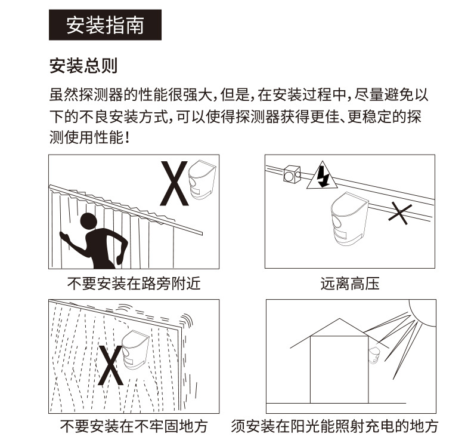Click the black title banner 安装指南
tap(105, 24)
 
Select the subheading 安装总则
tap(83, 66)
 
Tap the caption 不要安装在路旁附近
tap(134, 283)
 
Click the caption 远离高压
tap(350, 283)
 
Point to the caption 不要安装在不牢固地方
tap(134, 426)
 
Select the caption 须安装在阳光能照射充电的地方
tap(334, 426)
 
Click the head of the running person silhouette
tap(89, 222)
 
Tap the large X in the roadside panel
tap(174, 183)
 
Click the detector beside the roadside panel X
tap(202, 180)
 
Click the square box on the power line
tap(292, 174)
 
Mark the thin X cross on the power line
tap(400, 213)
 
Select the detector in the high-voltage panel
tap(349, 218)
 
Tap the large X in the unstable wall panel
tap(110, 365)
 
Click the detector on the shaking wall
tap(135, 350)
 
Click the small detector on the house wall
tap(374, 356)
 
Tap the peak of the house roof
tap(339, 318)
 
